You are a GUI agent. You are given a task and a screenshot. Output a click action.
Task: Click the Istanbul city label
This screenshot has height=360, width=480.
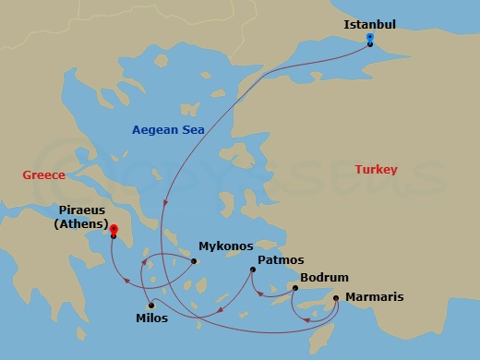[x=370, y=23]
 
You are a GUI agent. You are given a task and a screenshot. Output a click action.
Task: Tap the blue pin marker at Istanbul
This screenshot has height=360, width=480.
[x=369, y=39]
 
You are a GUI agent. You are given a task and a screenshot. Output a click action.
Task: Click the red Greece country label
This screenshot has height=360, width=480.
[x=44, y=174]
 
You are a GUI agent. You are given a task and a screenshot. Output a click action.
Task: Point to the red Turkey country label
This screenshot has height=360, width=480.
[x=376, y=170]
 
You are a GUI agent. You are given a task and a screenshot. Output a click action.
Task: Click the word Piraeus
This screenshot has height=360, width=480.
[x=77, y=208]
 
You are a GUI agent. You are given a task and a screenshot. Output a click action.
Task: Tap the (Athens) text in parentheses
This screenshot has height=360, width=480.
[x=78, y=222]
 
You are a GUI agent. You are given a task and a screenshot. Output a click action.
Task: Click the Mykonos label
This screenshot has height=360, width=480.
[x=226, y=247]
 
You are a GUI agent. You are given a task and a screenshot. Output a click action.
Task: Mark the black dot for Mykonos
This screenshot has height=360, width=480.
[x=195, y=260]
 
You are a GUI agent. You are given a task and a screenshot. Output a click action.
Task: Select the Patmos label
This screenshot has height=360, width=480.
[x=281, y=260]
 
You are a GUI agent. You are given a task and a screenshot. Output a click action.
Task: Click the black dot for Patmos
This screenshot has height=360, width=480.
[x=252, y=270]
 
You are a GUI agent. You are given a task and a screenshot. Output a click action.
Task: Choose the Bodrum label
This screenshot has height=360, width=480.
[x=324, y=277]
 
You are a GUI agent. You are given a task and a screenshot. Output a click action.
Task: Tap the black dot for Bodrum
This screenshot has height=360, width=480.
[x=294, y=288]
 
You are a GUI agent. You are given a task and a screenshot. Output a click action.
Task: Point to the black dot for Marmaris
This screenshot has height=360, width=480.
[x=336, y=297]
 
